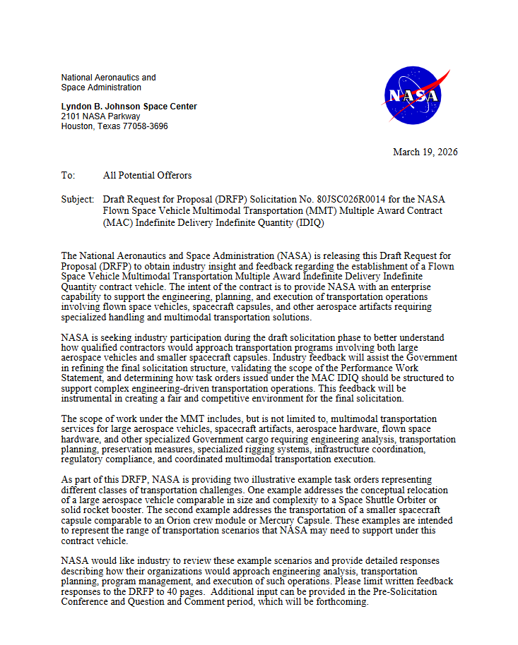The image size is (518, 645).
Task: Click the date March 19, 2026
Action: (x=425, y=152)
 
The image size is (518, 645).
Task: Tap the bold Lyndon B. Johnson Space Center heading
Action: (x=129, y=107)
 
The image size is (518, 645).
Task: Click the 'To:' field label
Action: (x=68, y=175)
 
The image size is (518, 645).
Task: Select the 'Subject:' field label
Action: (x=77, y=200)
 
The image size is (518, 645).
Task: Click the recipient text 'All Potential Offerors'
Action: (x=147, y=175)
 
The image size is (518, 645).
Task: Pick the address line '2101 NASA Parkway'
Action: (x=100, y=116)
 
